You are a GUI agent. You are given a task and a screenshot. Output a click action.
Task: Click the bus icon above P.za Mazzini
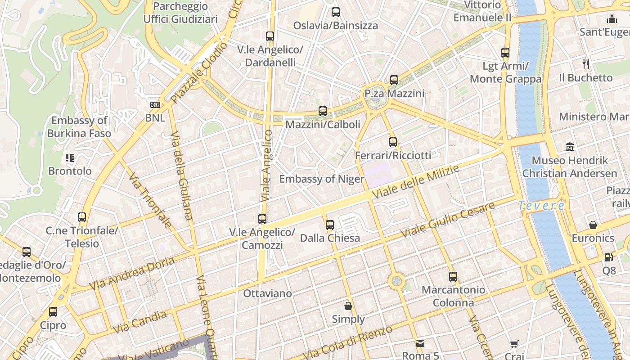click(394, 80)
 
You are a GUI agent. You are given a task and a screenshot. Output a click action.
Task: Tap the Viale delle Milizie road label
click(416, 182)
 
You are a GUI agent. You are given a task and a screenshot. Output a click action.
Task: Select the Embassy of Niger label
click(322, 179)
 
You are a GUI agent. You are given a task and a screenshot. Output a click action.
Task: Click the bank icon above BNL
click(155, 105)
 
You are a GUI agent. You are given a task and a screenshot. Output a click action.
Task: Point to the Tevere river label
click(541, 206)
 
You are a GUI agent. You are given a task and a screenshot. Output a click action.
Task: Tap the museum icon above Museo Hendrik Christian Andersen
click(570, 147)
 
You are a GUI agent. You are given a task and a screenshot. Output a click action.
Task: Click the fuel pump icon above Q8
click(608, 257)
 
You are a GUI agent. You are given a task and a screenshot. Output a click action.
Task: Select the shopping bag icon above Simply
click(348, 306)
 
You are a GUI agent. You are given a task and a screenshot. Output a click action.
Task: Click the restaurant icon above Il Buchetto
click(585, 64)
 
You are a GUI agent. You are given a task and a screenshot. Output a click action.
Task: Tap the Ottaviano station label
click(267, 293)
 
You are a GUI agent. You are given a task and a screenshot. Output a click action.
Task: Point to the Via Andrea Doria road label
click(132, 273)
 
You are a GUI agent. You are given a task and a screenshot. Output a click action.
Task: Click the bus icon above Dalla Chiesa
click(330, 225)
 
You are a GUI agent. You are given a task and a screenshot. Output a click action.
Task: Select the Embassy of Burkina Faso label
click(79, 127)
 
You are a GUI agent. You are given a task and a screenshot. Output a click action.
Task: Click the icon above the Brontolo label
click(70, 158)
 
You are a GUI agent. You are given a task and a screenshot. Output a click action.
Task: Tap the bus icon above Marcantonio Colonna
click(453, 277)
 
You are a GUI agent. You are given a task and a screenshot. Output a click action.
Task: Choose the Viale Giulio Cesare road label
click(448, 220)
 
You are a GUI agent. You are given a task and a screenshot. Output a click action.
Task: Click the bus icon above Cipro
click(53, 312)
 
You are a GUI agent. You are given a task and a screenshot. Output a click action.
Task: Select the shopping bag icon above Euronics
click(593, 225)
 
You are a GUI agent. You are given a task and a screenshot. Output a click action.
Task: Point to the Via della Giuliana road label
click(182, 175)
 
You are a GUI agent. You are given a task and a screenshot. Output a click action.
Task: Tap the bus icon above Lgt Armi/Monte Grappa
click(505, 53)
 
